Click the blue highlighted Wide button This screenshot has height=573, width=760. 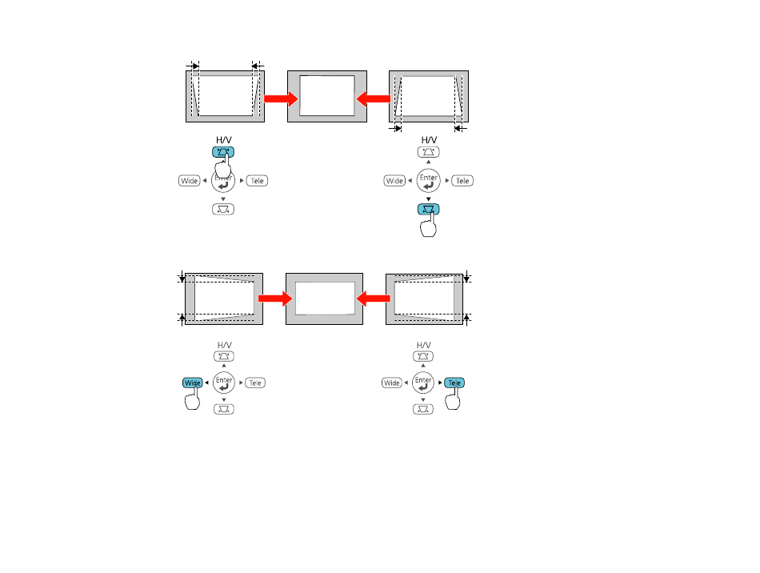tap(193, 383)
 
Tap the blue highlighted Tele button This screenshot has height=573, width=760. tap(454, 383)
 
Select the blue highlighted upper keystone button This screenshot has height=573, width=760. tap(223, 152)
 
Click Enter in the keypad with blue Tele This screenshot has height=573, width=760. tap(423, 383)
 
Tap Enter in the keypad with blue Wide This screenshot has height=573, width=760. tap(224, 383)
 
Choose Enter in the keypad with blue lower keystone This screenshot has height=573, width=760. tap(429, 180)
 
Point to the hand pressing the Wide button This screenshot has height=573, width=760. tap(193, 399)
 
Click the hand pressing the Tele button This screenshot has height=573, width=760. tap(453, 399)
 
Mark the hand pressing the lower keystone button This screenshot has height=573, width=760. tap(429, 224)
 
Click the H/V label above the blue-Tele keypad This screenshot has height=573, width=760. tap(424, 345)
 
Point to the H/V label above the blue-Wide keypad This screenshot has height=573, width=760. tap(225, 345)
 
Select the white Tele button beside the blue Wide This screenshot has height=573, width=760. tap(255, 383)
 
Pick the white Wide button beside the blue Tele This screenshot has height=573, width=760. tap(392, 383)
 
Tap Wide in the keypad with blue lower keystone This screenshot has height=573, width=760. tap(394, 180)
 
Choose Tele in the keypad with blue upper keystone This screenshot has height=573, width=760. tap(257, 180)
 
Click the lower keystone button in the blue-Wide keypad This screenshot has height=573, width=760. tap(224, 409)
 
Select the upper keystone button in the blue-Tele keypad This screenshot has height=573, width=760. tap(423, 356)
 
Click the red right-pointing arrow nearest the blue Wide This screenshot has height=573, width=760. tap(275, 299)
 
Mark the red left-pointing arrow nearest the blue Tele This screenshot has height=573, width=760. tap(374, 299)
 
